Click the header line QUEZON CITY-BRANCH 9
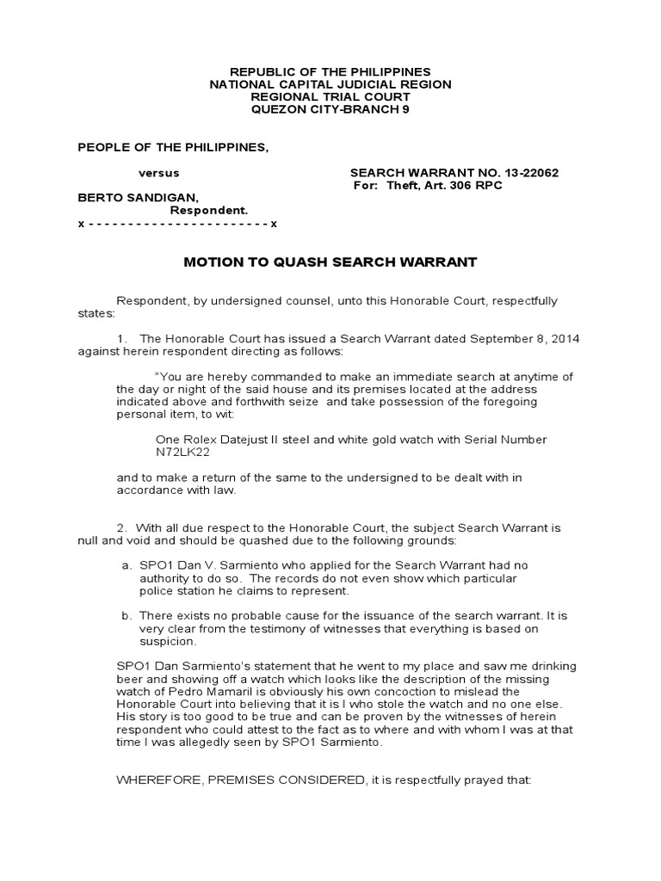(x=330, y=109)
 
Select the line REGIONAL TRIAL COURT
(x=330, y=96)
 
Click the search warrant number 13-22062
(x=527, y=173)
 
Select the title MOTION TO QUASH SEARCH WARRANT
(x=330, y=262)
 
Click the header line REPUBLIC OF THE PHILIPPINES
(x=330, y=71)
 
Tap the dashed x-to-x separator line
(x=177, y=224)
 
